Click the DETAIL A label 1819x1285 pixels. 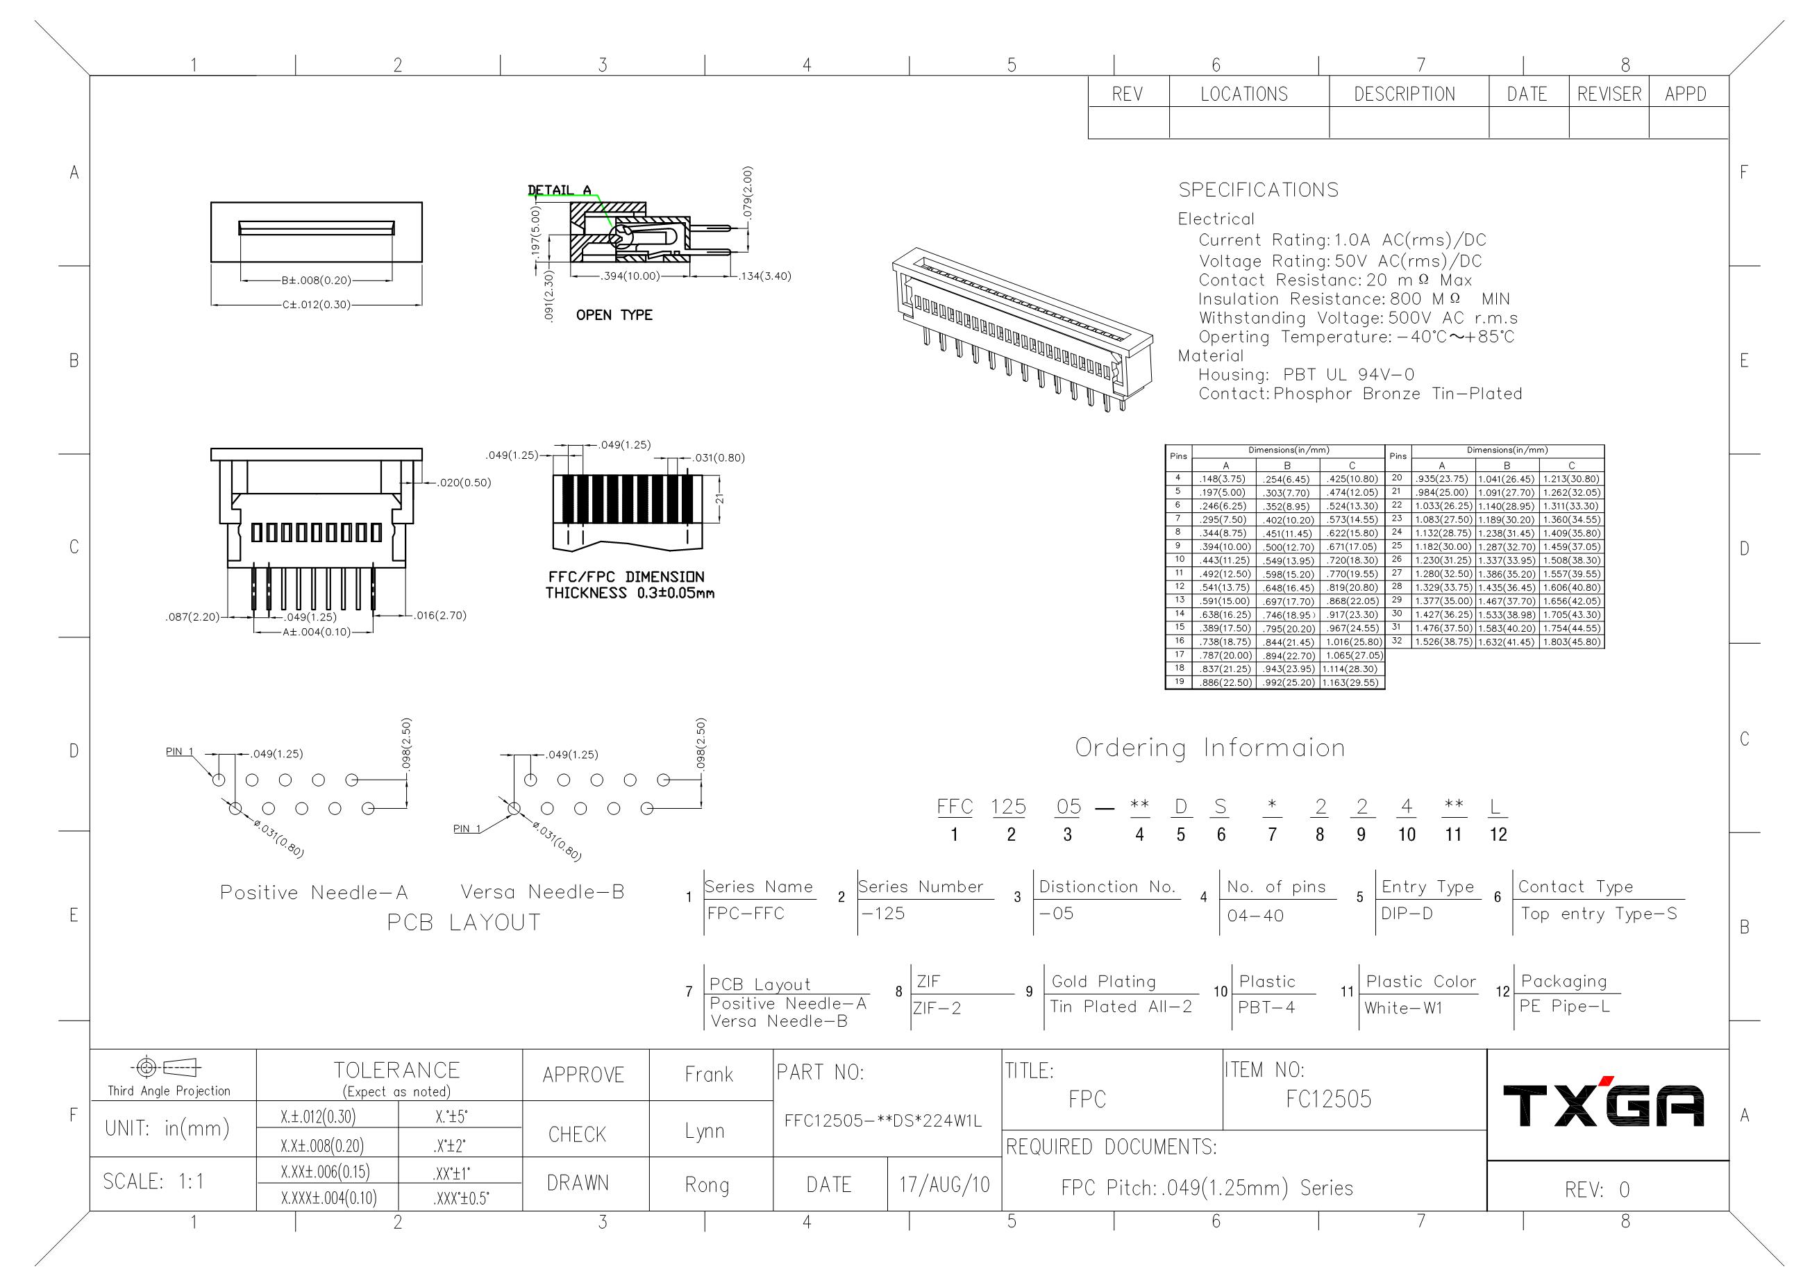coord(560,190)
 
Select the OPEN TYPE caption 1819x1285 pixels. coord(614,315)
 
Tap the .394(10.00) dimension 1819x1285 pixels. coord(630,276)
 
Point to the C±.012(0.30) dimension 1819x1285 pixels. coord(316,304)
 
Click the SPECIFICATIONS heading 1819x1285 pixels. coord(1258,190)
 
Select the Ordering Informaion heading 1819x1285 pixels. coord(1209,748)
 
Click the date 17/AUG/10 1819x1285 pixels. coord(944,1185)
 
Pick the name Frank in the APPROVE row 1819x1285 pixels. coord(709,1075)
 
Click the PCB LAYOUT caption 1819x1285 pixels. coord(464,923)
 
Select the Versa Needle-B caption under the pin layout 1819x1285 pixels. coord(543,892)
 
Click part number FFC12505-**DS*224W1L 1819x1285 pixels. coord(882,1121)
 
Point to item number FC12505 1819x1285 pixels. coord(1328,1100)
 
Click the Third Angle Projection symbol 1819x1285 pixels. coord(169,1068)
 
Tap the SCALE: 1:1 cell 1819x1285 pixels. coord(153,1182)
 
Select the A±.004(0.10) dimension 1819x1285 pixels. coord(316,632)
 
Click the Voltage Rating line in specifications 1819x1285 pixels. coord(1339,262)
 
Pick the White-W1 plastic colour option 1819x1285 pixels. coord(1403,1009)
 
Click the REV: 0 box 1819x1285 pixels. coord(1596,1190)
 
